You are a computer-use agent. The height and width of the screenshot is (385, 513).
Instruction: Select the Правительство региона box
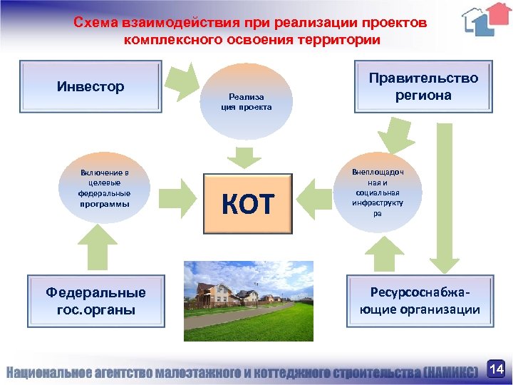pos(423,87)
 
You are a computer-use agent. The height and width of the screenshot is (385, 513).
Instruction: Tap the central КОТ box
pos(248,204)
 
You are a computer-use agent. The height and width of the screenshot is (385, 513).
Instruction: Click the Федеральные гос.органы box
pos(95,301)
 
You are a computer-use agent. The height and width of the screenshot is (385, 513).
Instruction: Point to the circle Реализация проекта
pos(246,102)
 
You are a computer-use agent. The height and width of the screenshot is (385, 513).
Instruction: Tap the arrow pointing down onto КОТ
pos(244,156)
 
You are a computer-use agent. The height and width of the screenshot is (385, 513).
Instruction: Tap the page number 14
pos(497,369)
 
